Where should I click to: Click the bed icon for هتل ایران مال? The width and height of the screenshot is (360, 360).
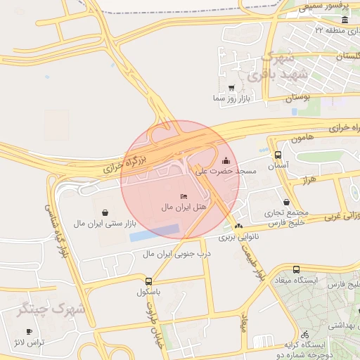coord(184,195)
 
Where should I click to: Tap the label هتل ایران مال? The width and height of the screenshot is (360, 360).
coord(184,207)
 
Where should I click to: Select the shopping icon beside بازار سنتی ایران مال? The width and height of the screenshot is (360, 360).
coord(105,212)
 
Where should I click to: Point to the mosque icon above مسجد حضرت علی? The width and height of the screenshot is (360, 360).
coord(225,160)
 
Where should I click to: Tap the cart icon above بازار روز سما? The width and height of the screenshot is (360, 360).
coord(232,88)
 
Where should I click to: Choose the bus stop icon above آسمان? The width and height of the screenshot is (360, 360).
coord(278,155)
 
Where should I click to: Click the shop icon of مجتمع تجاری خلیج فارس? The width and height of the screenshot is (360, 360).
coord(287,201)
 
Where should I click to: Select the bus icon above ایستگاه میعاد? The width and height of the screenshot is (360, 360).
coord(296,269)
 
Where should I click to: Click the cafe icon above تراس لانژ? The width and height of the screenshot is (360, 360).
coord(29,331)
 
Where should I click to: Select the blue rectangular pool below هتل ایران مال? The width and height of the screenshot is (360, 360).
coord(154,233)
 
